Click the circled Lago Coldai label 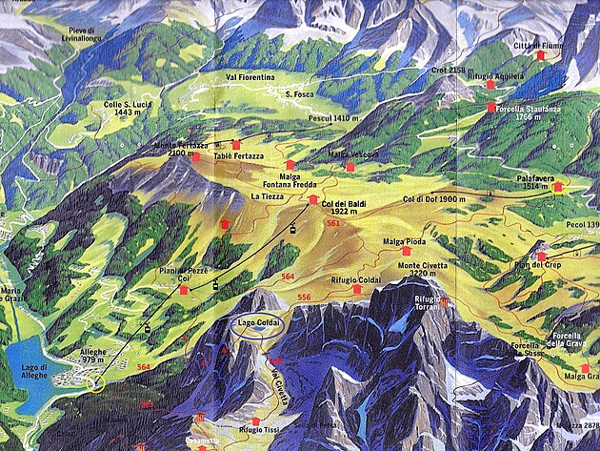click(x=259, y=323)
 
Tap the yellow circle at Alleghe click(x=95, y=384)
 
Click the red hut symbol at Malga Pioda click(x=407, y=252)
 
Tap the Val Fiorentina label click(x=250, y=76)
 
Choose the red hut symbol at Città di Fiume click(x=542, y=56)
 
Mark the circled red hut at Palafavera click(x=557, y=187)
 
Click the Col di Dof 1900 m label click(x=434, y=199)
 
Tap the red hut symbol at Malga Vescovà click(x=350, y=168)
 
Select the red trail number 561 click(x=333, y=222)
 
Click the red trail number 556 click(x=304, y=297)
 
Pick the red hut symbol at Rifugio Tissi click(x=253, y=420)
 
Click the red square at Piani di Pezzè click(x=183, y=289)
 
